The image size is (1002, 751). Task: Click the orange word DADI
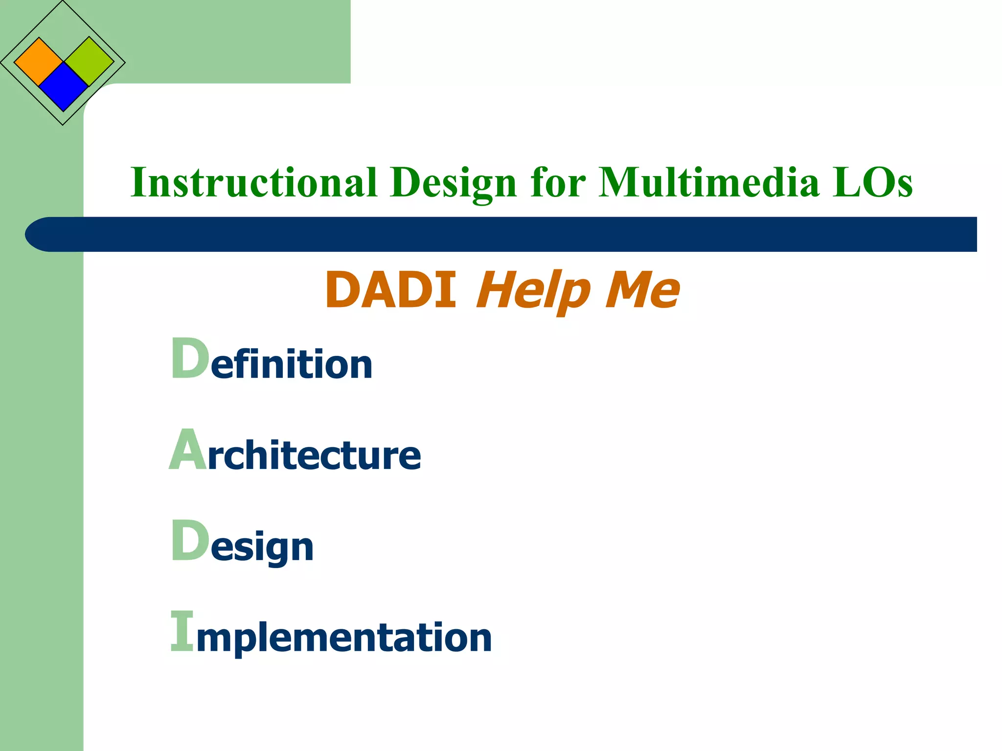click(x=391, y=290)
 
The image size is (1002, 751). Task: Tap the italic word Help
click(x=533, y=291)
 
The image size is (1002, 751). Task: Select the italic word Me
click(x=642, y=290)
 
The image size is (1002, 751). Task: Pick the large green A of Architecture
click(x=187, y=450)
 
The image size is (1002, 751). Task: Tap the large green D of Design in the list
click(x=190, y=541)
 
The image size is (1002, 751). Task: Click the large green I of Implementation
click(x=182, y=631)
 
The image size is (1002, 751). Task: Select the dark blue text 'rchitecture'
click(x=314, y=456)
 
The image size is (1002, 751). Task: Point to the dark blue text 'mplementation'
click(x=344, y=638)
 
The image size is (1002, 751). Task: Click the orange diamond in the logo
click(x=39, y=62)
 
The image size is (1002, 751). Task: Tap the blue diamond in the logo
click(x=63, y=87)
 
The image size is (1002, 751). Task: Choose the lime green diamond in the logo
click(x=89, y=62)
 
